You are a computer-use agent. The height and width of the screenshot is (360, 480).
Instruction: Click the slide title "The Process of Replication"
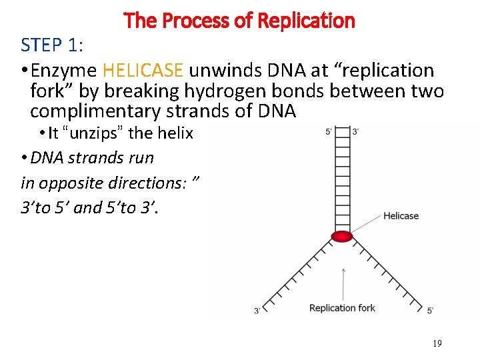click(239, 21)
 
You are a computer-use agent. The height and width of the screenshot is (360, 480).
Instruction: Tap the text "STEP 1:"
click(51, 45)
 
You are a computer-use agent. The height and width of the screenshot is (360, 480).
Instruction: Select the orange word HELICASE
click(141, 70)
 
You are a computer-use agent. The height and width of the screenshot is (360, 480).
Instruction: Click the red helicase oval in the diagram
click(342, 236)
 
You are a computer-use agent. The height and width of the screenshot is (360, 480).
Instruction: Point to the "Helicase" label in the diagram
click(401, 215)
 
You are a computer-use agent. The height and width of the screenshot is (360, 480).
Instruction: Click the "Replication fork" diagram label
click(342, 307)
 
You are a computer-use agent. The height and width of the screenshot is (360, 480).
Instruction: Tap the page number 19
click(437, 344)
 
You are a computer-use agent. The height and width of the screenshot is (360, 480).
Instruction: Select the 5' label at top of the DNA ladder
click(329, 131)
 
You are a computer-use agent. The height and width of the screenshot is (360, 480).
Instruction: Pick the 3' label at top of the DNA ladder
click(355, 131)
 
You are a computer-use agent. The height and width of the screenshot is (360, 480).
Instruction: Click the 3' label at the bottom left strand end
click(257, 311)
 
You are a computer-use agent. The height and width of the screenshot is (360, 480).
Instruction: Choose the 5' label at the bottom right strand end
click(430, 311)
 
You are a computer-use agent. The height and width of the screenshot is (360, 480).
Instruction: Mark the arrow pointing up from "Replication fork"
click(343, 283)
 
